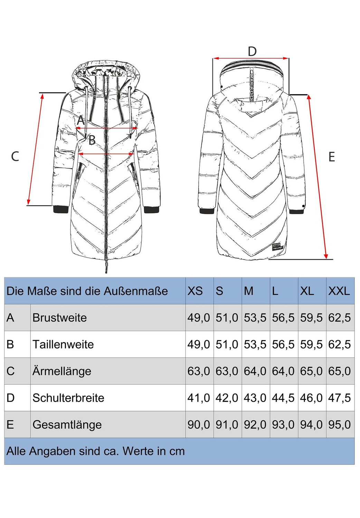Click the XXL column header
point(339,291)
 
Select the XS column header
point(195,291)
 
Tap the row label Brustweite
point(59,317)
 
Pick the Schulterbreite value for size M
point(255,398)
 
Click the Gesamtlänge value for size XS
point(199,424)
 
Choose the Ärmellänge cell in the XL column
point(311,371)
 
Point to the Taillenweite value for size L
point(283,344)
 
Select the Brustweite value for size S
point(227,317)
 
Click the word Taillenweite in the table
point(63,344)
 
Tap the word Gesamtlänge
point(67,425)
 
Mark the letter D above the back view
point(252,51)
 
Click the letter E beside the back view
point(332,157)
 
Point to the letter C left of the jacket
point(15,156)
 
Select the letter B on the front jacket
point(92,140)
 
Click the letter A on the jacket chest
point(81,120)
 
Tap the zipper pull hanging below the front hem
point(106,266)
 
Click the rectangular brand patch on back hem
point(276,248)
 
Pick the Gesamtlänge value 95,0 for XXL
point(339,424)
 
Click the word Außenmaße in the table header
point(135,291)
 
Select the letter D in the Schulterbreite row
point(11,398)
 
